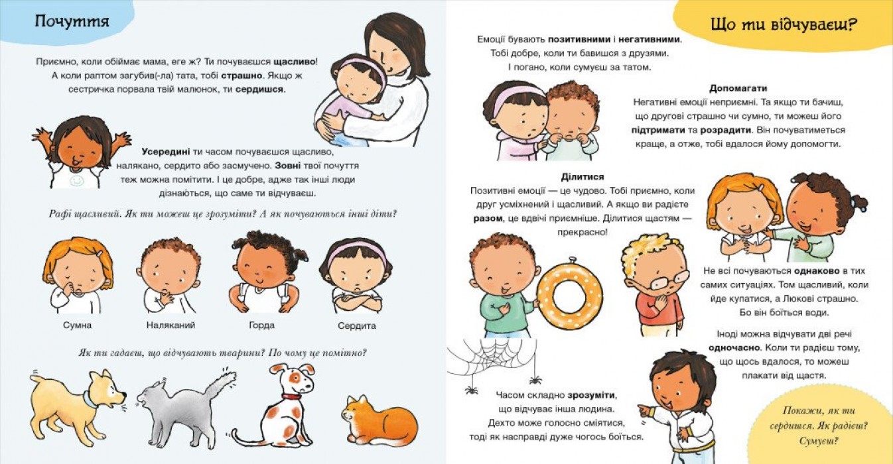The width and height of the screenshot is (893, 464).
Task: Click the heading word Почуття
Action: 72,21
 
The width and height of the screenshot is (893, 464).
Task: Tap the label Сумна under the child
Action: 78,325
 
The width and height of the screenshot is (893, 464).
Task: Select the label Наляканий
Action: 171,325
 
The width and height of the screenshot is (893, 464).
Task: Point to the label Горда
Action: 261,325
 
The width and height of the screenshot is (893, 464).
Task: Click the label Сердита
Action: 357,325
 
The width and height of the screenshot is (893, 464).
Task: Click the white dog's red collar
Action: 291,396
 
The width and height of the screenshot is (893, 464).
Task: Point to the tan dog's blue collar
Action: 90,399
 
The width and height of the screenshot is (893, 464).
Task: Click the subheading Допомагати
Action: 738,88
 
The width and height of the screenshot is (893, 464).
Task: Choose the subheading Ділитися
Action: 583,176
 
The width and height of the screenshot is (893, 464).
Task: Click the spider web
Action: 492,357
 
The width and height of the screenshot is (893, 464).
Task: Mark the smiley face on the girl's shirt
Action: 77,180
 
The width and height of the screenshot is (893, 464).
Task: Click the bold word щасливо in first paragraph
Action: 295,62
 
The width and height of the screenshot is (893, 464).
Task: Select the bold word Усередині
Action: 165,152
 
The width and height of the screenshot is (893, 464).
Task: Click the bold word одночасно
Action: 734,348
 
